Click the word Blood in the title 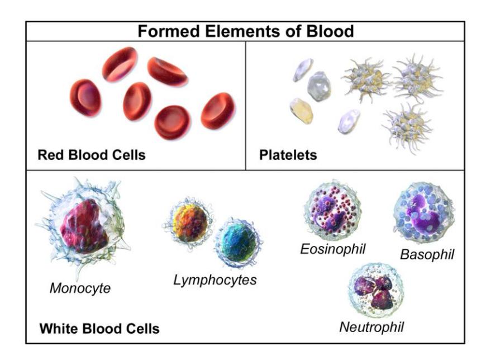(x=330, y=31)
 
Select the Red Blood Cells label (x=92, y=155)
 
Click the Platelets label (x=288, y=155)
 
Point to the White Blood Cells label (x=99, y=329)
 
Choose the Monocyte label (x=80, y=288)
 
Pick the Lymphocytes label (x=215, y=280)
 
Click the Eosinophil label (x=333, y=249)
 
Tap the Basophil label (x=427, y=254)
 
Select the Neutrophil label (x=371, y=327)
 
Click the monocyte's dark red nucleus (x=84, y=225)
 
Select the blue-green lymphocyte (x=239, y=242)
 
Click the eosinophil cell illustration (x=333, y=210)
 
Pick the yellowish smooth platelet (x=301, y=111)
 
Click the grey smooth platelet (x=319, y=86)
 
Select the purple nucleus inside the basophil (x=423, y=214)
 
